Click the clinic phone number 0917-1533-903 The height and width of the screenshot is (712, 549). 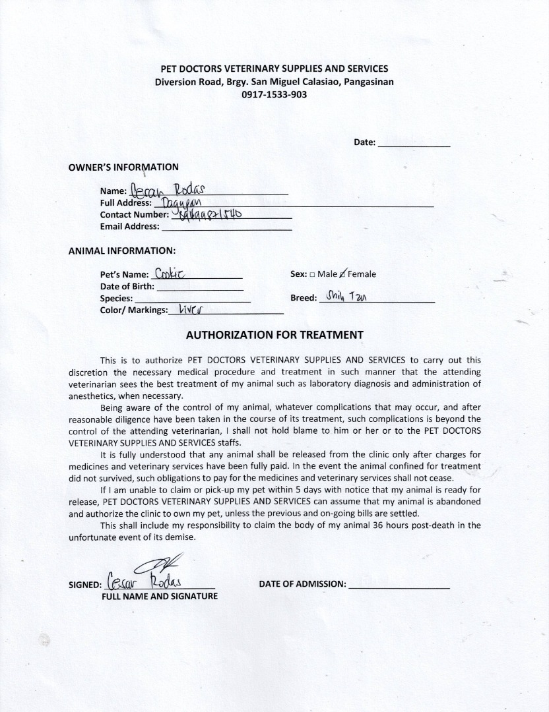(x=274, y=94)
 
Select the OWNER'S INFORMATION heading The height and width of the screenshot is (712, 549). (x=123, y=167)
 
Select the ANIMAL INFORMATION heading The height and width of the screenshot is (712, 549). (x=122, y=251)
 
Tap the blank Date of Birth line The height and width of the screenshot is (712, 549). (x=200, y=287)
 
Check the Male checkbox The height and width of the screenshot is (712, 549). (x=312, y=274)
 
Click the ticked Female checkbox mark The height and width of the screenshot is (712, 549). (x=342, y=274)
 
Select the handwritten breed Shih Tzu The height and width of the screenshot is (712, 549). (x=346, y=297)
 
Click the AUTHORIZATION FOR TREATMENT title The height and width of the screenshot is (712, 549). (x=274, y=334)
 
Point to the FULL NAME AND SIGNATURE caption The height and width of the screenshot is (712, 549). (x=159, y=596)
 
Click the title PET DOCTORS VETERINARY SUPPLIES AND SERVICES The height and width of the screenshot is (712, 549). (x=274, y=69)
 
